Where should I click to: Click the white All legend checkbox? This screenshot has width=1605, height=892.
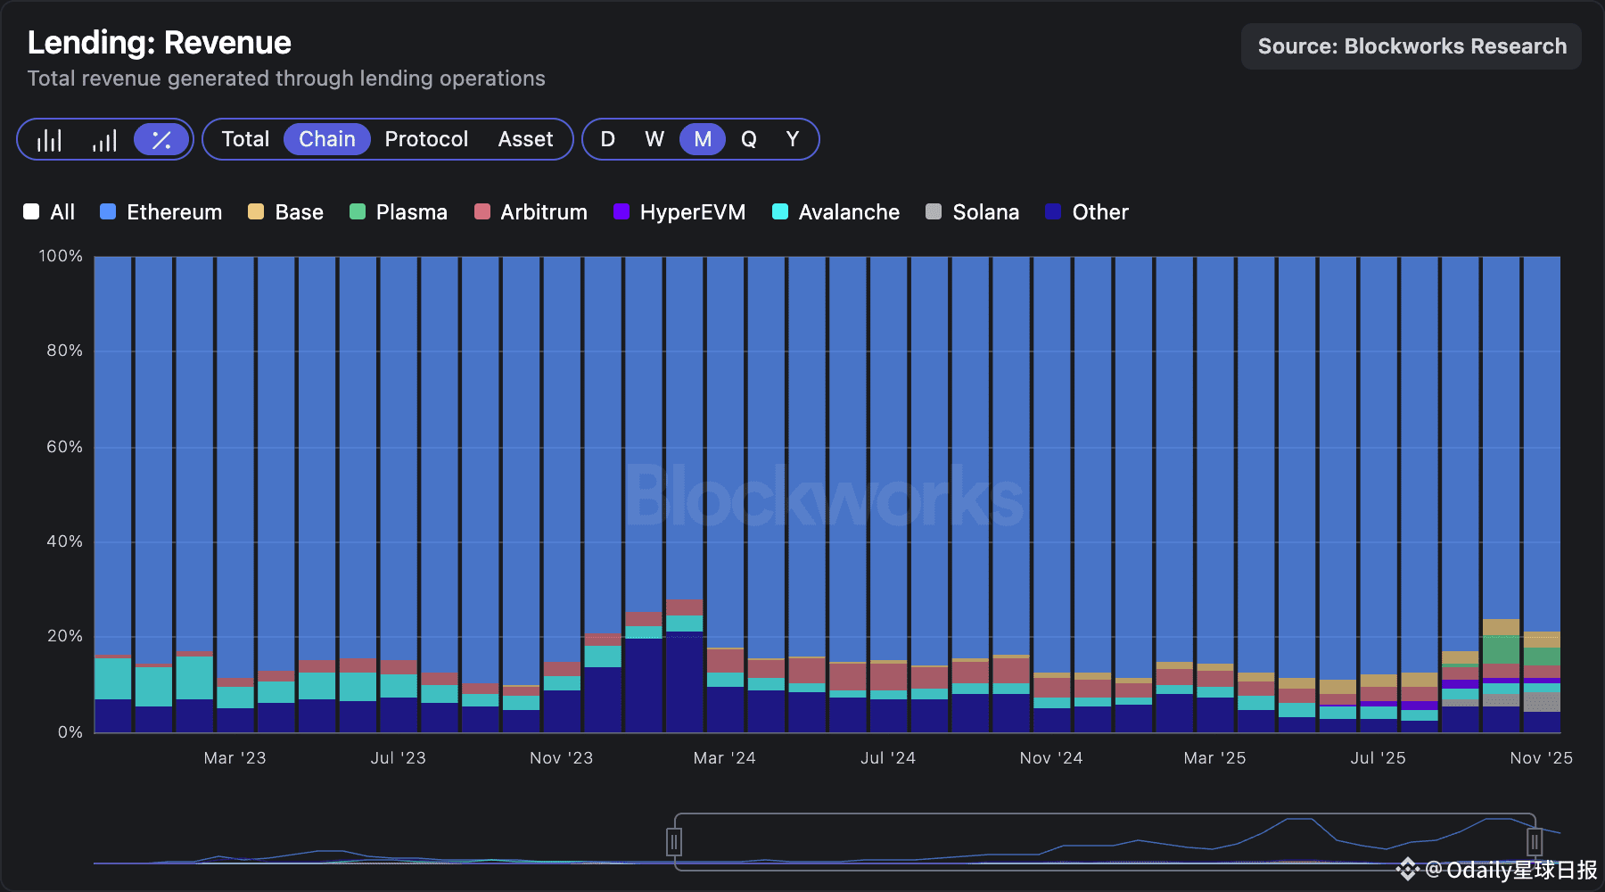31,211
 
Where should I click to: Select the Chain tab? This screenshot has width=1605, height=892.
326,139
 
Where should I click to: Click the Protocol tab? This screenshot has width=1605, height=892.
426,139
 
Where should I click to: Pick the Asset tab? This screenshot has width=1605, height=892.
525,139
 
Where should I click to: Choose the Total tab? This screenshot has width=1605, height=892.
245,139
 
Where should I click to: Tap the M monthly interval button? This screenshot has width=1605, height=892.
703,139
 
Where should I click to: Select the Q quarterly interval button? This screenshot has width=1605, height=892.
748,139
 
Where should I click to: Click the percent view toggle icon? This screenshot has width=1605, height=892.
161,140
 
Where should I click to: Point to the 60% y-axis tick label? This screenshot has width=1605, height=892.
64,446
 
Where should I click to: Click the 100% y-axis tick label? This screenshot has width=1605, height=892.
61,256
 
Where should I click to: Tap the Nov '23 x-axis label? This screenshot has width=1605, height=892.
561,758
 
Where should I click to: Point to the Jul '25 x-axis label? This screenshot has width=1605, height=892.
1378,758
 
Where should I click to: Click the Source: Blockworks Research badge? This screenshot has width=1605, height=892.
1412,46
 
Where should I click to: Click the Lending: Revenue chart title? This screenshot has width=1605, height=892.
160,43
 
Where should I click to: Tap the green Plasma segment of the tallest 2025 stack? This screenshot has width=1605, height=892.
1501,649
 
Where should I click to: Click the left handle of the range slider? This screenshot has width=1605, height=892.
674,841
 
